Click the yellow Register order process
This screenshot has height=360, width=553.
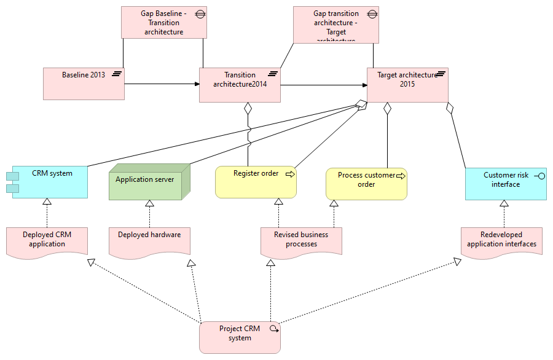point(256,182)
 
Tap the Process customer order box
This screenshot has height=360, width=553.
point(366,184)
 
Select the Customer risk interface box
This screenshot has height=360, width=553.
point(506,184)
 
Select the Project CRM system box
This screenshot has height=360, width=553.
point(240,337)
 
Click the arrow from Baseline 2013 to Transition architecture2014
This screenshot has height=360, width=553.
point(162,84)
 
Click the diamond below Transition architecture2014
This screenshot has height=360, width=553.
point(248,109)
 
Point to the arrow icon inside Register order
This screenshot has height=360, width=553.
point(290,174)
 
